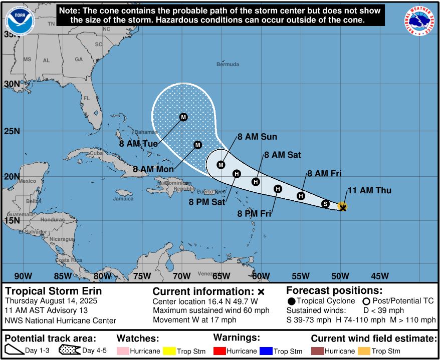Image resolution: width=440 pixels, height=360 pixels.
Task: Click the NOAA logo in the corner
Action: pos(17,22)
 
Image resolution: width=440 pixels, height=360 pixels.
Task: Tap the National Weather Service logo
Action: pos(419,22)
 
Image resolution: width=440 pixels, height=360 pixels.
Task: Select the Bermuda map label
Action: pos(228,64)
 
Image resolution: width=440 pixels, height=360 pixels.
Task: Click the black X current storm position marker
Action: pos(343,207)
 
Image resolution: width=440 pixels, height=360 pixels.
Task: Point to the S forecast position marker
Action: pos(325,204)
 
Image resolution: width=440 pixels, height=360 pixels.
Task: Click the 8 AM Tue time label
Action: pos(139,144)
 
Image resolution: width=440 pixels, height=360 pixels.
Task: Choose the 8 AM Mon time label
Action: pos(153,169)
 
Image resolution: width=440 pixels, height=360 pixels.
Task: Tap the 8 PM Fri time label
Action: pos(254,214)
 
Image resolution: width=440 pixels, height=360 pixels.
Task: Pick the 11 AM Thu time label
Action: pos(369,190)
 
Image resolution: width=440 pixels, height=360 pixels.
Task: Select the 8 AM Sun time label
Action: pos(257,137)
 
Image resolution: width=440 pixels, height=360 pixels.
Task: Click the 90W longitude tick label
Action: pos(23,276)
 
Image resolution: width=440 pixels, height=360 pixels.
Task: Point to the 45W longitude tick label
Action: pos(380,276)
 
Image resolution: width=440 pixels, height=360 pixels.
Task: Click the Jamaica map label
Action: pos(123,199)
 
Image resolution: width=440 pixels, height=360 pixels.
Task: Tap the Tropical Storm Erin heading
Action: pos(53,291)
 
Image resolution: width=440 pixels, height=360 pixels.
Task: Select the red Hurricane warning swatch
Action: pos(220,351)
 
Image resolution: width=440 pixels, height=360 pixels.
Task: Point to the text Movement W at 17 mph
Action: pos(194,320)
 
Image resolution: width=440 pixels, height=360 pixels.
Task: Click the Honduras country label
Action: pos(53,220)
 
